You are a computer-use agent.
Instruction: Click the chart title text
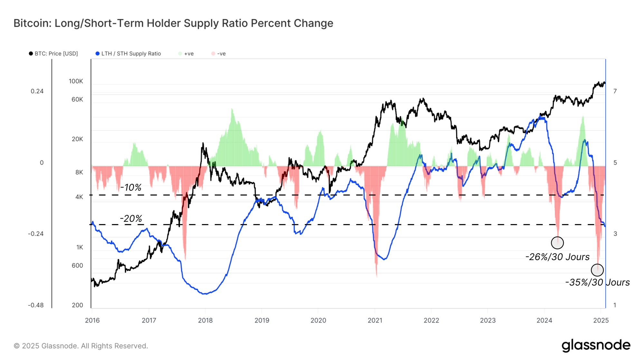tap(173, 23)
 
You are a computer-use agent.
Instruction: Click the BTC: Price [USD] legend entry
tap(53, 54)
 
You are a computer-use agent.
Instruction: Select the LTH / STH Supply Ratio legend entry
tap(128, 54)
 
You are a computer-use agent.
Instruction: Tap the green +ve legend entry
tap(186, 54)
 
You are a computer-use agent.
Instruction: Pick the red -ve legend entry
tap(219, 54)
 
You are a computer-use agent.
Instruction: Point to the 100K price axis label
tap(76, 81)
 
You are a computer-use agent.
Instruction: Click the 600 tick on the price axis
tap(77, 266)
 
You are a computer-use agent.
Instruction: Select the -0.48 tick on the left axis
tap(36, 305)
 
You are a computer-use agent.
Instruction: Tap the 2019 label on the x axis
tap(262, 320)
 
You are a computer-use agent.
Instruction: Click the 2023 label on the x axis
tap(488, 320)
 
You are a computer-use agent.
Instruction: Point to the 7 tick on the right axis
tap(615, 91)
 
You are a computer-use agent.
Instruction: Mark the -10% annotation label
tap(131, 187)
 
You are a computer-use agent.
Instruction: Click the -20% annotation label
tap(131, 219)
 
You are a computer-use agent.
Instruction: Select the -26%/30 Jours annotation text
tap(557, 257)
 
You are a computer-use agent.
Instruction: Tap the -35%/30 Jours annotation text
tap(598, 282)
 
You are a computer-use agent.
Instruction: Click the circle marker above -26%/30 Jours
tap(557, 243)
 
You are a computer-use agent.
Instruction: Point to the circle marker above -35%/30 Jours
tap(597, 270)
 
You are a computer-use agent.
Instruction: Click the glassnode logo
tap(596, 345)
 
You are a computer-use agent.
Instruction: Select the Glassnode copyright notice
tap(81, 346)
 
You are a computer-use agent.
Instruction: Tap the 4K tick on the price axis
tap(79, 197)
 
